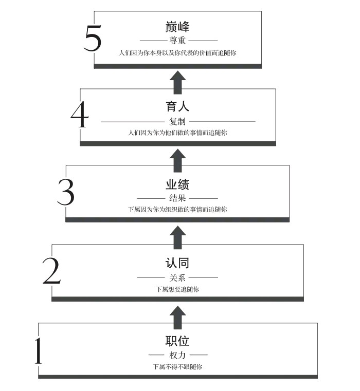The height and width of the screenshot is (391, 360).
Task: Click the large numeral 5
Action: click(x=93, y=38)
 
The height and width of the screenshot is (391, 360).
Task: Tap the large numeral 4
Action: click(x=80, y=115)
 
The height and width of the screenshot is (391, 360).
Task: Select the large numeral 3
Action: click(x=66, y=192)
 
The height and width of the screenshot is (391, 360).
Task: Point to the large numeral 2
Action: click(x=51, y=271)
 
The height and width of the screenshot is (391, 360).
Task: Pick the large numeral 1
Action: click(x=38, y=350)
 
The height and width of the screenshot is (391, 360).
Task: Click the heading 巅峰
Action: click(x=177, y=26)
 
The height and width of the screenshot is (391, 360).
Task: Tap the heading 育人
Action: click(x=177, y=106)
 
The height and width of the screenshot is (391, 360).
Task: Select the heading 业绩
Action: click(x=177, y=184)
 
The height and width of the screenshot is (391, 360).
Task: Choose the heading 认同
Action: click(x=177, y=263)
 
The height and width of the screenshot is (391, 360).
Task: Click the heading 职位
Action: click(x=177, y=341)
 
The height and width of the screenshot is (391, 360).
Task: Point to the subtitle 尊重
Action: click(x=177, y=40)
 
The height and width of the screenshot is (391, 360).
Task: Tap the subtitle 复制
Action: click(x=177, y=121)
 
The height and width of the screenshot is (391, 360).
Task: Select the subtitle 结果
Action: click(x=177, y=198)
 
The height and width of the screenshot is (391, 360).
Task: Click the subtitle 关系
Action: click(x=177, y=277)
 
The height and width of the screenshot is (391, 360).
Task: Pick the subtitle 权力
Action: click(x=177, y=355)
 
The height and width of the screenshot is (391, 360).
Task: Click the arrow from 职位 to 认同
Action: click(x=177, y=317)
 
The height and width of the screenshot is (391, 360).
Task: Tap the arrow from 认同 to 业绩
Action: click(x=177, y=237)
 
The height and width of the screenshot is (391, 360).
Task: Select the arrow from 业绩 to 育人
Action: click(x=177, y=161)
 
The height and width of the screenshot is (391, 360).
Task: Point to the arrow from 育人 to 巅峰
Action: click(x=177, y=83)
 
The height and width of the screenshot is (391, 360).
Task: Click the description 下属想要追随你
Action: click(x=177, y=289)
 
